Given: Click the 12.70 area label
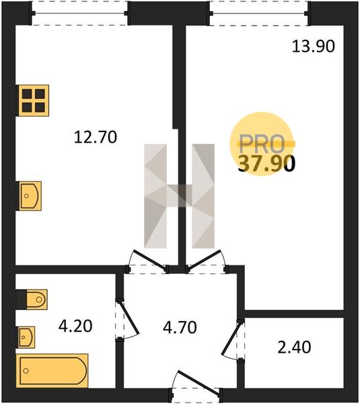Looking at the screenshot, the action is pyautogui.click(x=96, y=137).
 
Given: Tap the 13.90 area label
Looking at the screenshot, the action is pyautogui.click(x=314, y=46).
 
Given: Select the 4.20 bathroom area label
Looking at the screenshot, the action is pyautogui.click(x=75, y=326).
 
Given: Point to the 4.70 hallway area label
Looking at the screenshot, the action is pyautogui.click(x=180, y=327).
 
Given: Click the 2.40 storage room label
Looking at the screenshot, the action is pyautogui.click(x=294, y=347).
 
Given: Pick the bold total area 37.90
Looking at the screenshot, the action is pyautogui.click(x=266, y=164).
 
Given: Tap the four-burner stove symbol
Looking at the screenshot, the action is pyautogui.click(x=32, y=100).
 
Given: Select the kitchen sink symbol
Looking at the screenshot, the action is pyautogui.click(x=28, y=196).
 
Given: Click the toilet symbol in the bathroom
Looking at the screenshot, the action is pyautogui.click(x=32, y=299).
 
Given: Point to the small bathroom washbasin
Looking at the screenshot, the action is pyautogui.click(x=26, y=337).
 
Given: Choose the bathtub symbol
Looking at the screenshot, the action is pyautogui.click(x=52, y=371).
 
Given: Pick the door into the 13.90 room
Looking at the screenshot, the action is pyautogui.click(x=207, y=261).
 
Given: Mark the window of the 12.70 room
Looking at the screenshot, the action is pyautogui.click(x=79, y=13).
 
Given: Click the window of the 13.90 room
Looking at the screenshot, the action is pyautogui.click(x=258, y=13).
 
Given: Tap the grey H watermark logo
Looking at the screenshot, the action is pyautogui.click(x=179, y=196).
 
